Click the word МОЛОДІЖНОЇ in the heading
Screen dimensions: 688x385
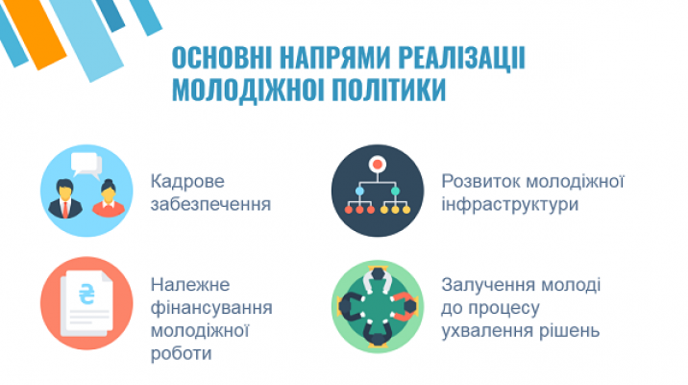coord(248,90)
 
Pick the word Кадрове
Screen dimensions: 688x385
coord(187,181)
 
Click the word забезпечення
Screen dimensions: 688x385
coord(210,204)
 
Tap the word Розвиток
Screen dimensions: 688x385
coord(479,181)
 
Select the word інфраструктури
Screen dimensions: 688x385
coord(510,204)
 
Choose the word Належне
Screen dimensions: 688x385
coord(190,285)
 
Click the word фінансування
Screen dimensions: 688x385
coord(211,308)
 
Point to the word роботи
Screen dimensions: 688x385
coord(182,353)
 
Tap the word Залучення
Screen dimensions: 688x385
coord(486,286)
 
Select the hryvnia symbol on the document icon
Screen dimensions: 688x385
coord(86,294)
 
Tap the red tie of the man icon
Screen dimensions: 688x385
coord(65,209)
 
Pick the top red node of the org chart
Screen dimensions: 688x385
coord(377,165)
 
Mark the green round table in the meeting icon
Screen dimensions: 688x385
coord(378,306)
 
